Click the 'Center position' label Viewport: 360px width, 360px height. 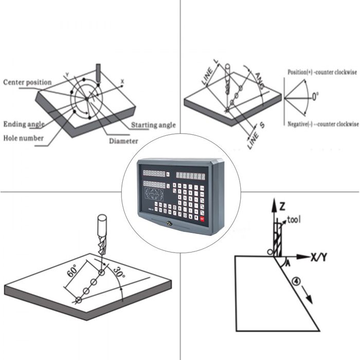point(27,82)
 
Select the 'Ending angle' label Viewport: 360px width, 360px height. point(24,124)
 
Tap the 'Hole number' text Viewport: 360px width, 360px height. point(23,138)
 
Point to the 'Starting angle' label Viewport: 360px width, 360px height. point(153,125)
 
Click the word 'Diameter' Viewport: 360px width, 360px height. point(123,141)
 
